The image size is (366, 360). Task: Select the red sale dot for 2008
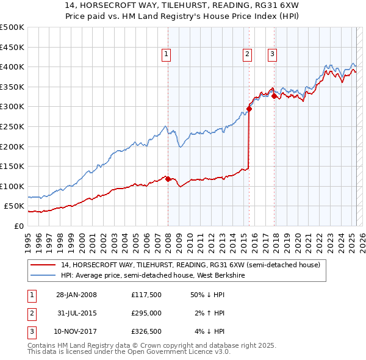[168, 179]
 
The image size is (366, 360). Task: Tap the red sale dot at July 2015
[249, 109]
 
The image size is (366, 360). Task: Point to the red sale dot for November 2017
[274, 96]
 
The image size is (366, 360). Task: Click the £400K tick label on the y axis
[12, 67]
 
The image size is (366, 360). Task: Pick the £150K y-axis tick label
[12, 166]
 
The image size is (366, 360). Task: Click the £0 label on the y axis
[19, 226]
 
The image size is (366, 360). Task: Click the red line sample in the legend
[43, 265]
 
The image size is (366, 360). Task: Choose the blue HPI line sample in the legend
[43, 276]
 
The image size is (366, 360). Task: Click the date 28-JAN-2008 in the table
[76, 295]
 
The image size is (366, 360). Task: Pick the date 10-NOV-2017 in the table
[76, 331]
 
